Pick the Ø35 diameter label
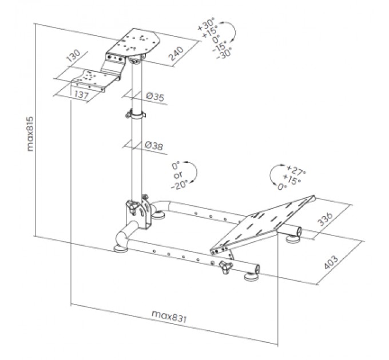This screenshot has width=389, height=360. [x=154, y=97]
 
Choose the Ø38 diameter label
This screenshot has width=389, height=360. [x=154, y=146]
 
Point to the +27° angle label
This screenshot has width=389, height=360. [x=296, y=171]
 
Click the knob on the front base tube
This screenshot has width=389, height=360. [x=224, y=265]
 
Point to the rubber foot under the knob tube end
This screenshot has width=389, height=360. [x=251, y=277]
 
